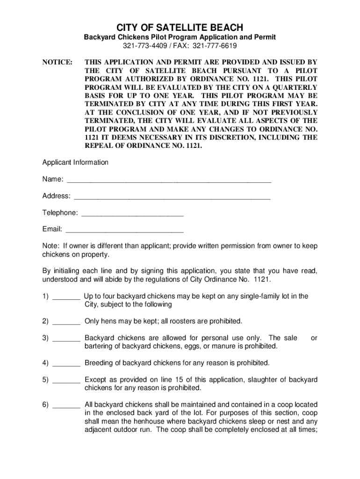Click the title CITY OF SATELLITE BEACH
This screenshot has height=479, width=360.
tap(180, 28)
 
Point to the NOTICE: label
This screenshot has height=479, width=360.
tap(58, 62)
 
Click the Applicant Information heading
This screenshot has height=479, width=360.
tap(75, 162)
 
